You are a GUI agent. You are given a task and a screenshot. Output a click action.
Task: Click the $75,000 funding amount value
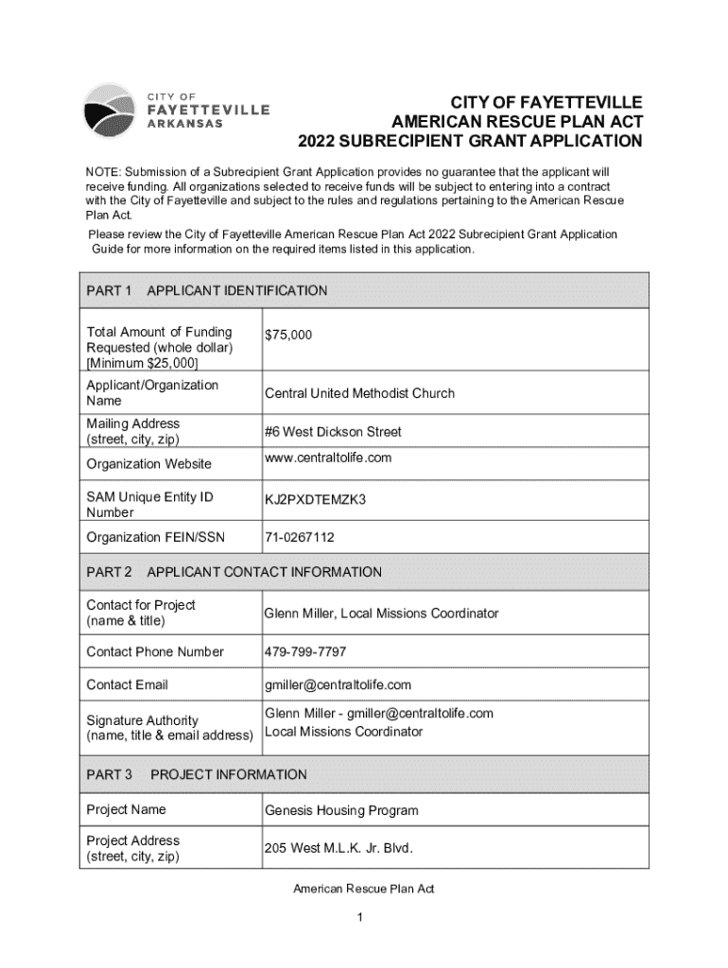(288, 335)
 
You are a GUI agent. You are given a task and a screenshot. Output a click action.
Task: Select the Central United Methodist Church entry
(359, 393)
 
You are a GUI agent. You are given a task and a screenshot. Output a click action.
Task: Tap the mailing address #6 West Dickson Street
(333, 432)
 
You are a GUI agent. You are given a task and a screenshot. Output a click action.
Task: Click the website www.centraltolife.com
(328, 458)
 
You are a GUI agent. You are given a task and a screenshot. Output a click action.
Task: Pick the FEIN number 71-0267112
(300, 537)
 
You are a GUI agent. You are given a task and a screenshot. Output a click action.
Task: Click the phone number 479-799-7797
(305, 651)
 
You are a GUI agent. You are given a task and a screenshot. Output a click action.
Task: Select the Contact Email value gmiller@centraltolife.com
(338, 684)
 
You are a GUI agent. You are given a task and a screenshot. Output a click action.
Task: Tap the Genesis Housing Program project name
(341, 810)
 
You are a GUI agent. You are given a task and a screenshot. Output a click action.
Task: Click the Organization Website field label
(149, 464)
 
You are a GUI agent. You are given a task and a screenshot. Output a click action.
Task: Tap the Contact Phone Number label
(155, 651)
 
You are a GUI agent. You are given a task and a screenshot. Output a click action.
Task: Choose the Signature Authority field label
(142, 720)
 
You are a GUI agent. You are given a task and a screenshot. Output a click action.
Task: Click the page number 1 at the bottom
(363, 917)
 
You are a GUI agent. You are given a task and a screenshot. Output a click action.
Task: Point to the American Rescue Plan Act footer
(363, 889)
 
